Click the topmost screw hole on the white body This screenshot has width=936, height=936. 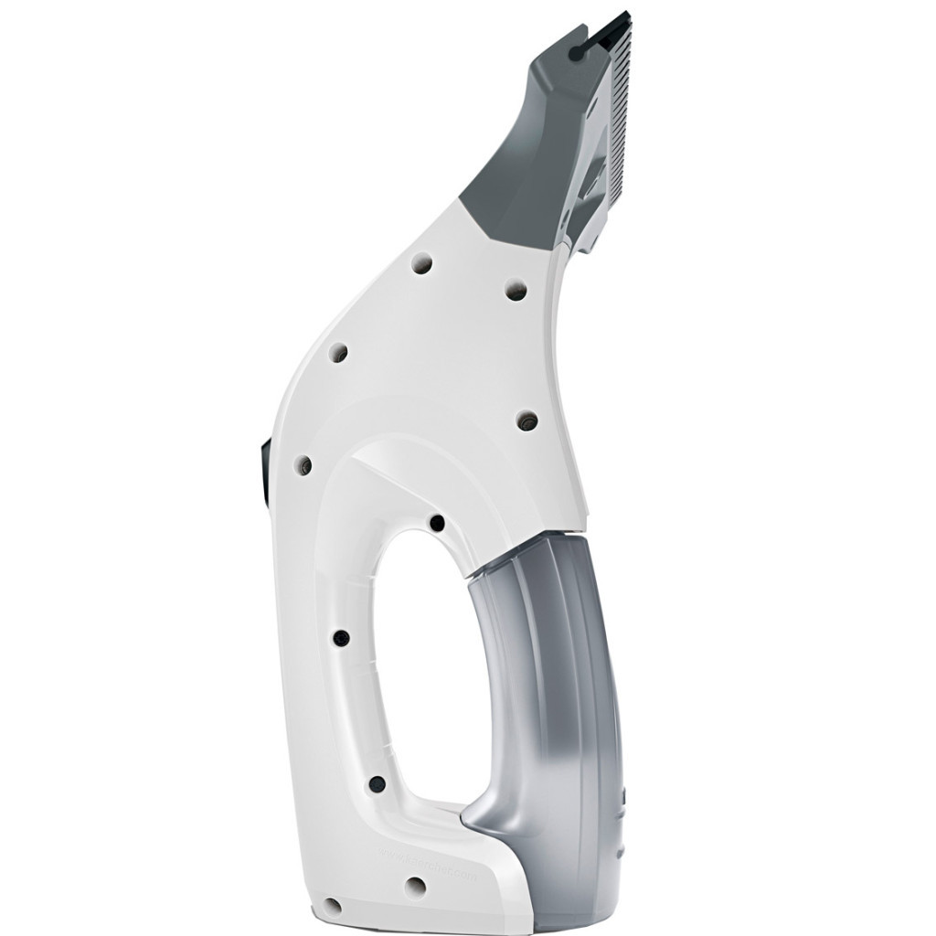[x=423, y=262]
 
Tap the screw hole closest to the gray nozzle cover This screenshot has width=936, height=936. [x=515, y=289]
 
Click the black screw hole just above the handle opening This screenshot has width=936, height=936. [x=437, y=523]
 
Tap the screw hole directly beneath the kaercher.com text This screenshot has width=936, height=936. [x=415, y=886]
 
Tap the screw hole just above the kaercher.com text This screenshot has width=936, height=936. [x=376, y=782]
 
